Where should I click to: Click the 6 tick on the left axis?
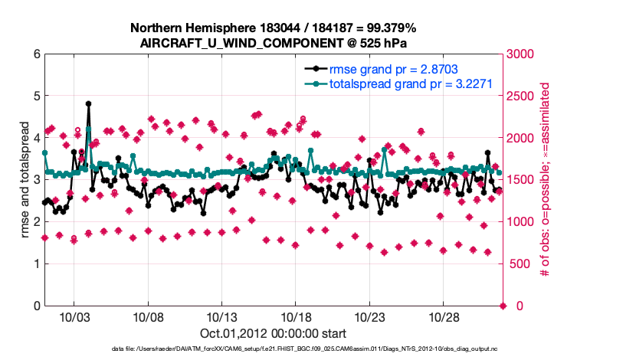(37, 54)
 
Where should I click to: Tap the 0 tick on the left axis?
(37, 306)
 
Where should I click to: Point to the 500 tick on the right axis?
(520, 264)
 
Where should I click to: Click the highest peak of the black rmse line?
(89, 103)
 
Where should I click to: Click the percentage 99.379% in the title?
(385, 28)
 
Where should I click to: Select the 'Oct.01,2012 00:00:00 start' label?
(273, 333)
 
